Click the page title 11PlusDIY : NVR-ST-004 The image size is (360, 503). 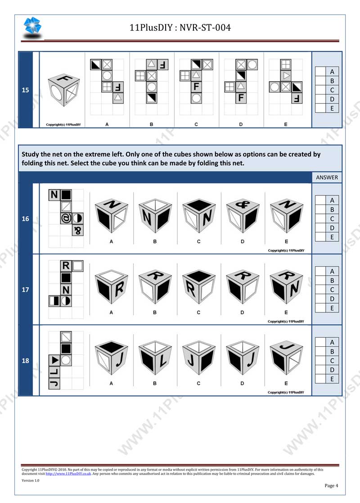point(180,28)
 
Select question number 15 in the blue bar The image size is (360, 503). point(26,90)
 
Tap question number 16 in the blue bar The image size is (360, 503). point(26,219)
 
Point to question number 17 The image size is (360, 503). point(26,290)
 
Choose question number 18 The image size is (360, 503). point(26,360)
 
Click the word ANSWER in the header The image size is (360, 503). point(327,177)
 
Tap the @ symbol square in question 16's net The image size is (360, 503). point(66,219)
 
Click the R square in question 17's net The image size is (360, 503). point(66,266)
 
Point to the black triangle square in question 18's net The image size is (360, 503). point(54,360)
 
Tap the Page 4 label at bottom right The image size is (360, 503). point(331,485)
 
